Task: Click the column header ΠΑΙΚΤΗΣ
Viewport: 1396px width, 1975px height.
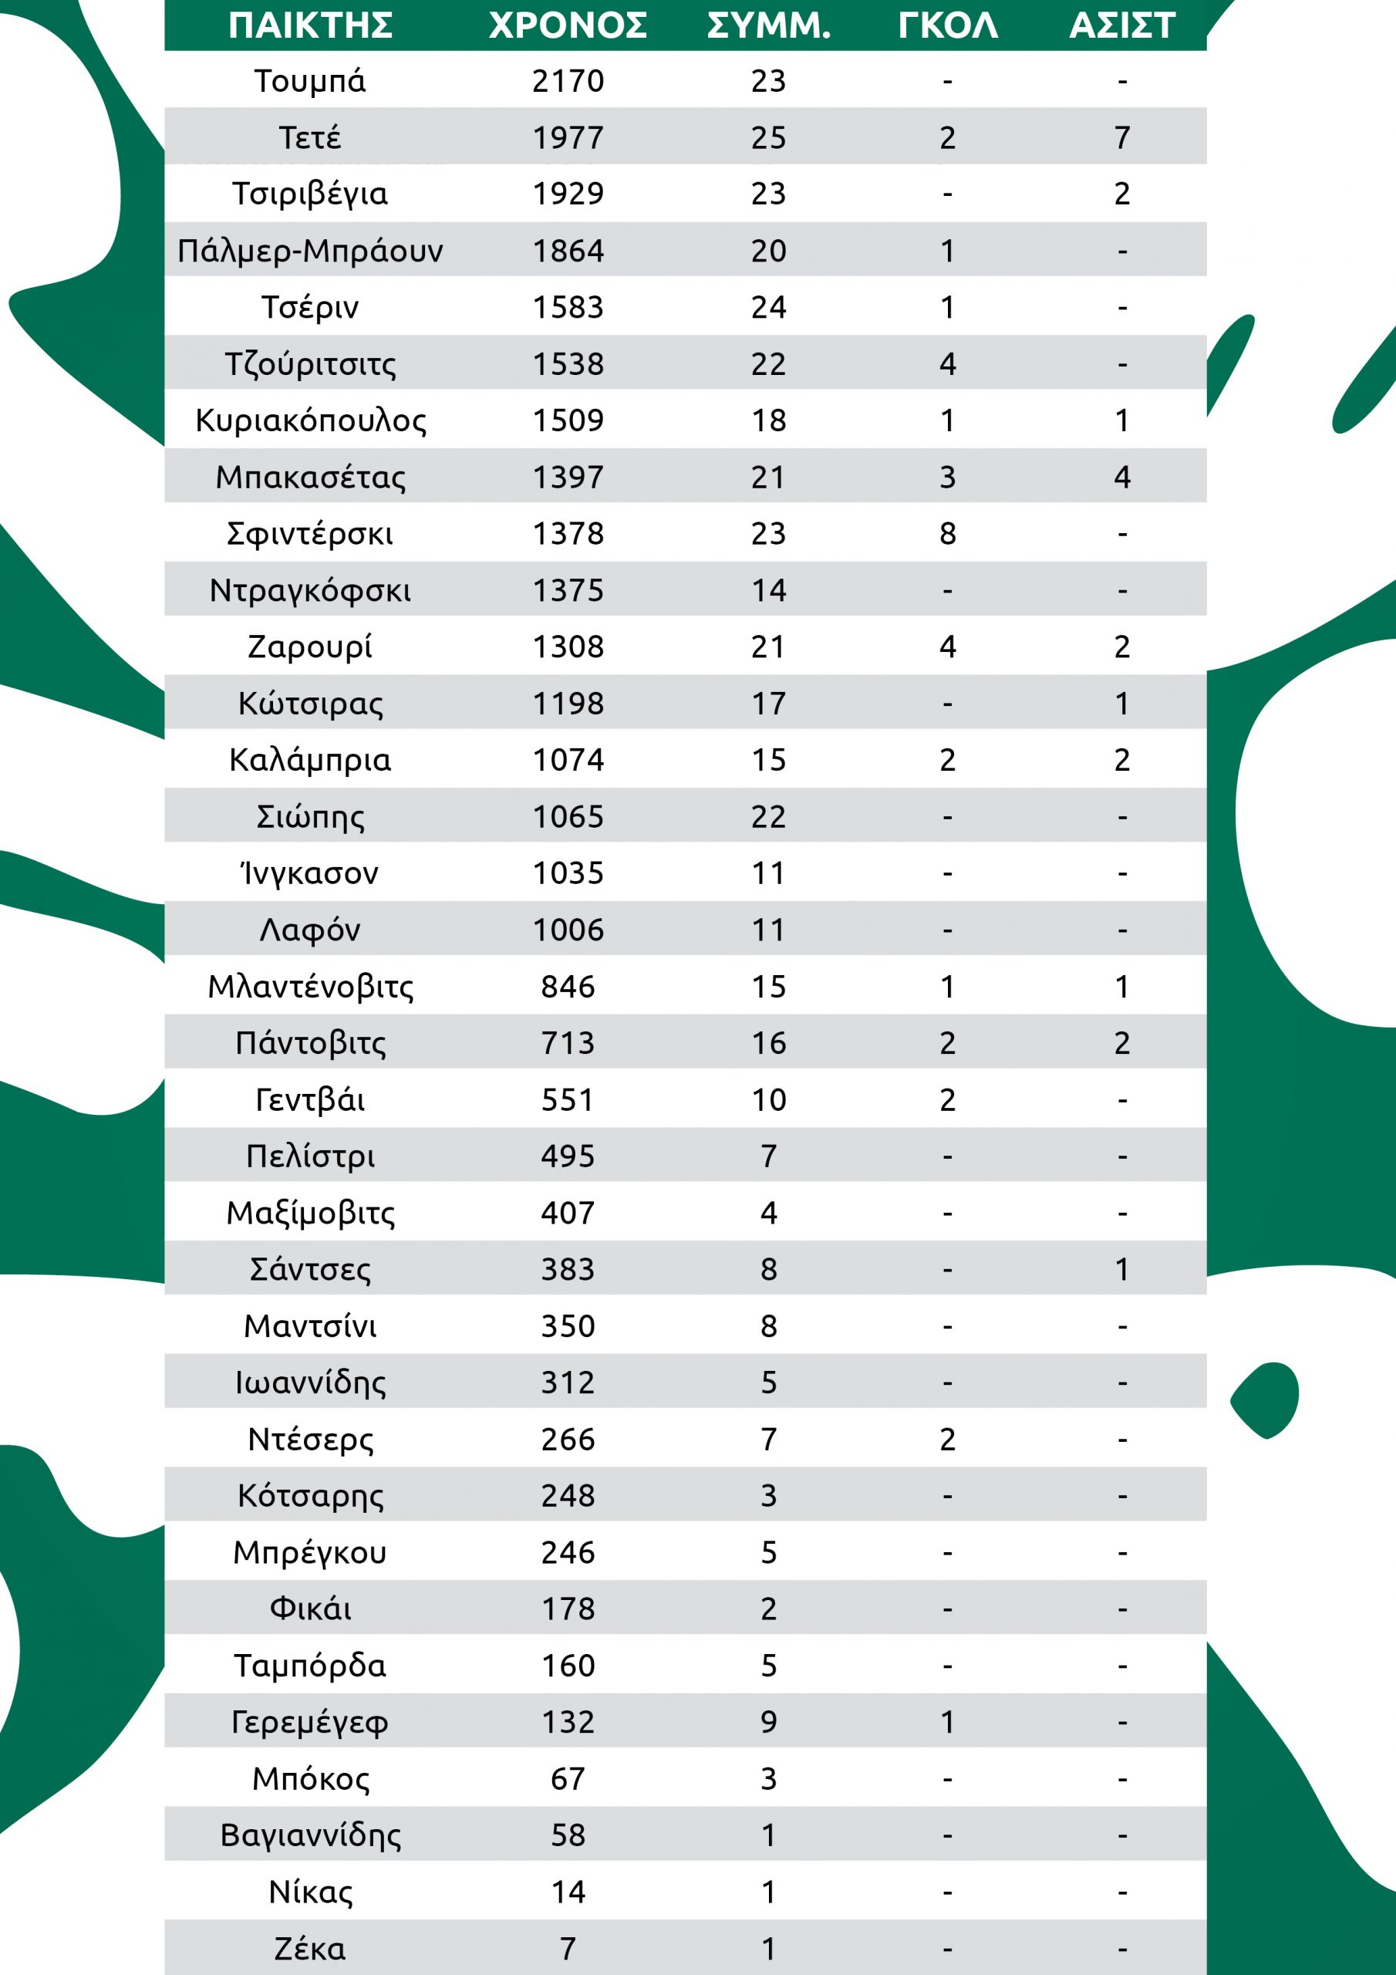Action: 311,25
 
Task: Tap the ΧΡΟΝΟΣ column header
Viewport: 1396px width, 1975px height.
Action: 568,25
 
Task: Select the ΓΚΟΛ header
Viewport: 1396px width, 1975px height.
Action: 947,25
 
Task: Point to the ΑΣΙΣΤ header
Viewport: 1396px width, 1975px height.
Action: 1121,25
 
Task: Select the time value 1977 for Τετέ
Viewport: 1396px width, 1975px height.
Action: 568,137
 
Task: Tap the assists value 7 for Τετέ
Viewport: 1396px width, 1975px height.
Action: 1121,137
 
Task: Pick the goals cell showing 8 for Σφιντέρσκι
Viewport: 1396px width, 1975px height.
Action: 947,534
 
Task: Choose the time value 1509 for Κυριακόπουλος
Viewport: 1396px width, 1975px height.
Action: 568,420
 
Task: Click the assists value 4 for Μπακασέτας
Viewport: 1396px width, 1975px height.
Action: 1121,478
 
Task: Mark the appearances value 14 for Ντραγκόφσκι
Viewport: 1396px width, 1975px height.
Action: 768,591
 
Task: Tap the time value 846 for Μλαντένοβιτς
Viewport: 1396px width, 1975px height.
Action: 568,987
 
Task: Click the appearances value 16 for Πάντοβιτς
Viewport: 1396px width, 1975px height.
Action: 768,1043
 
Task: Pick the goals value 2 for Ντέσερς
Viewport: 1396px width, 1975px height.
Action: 947,1440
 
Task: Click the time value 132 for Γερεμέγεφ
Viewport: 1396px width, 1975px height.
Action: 568,1723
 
